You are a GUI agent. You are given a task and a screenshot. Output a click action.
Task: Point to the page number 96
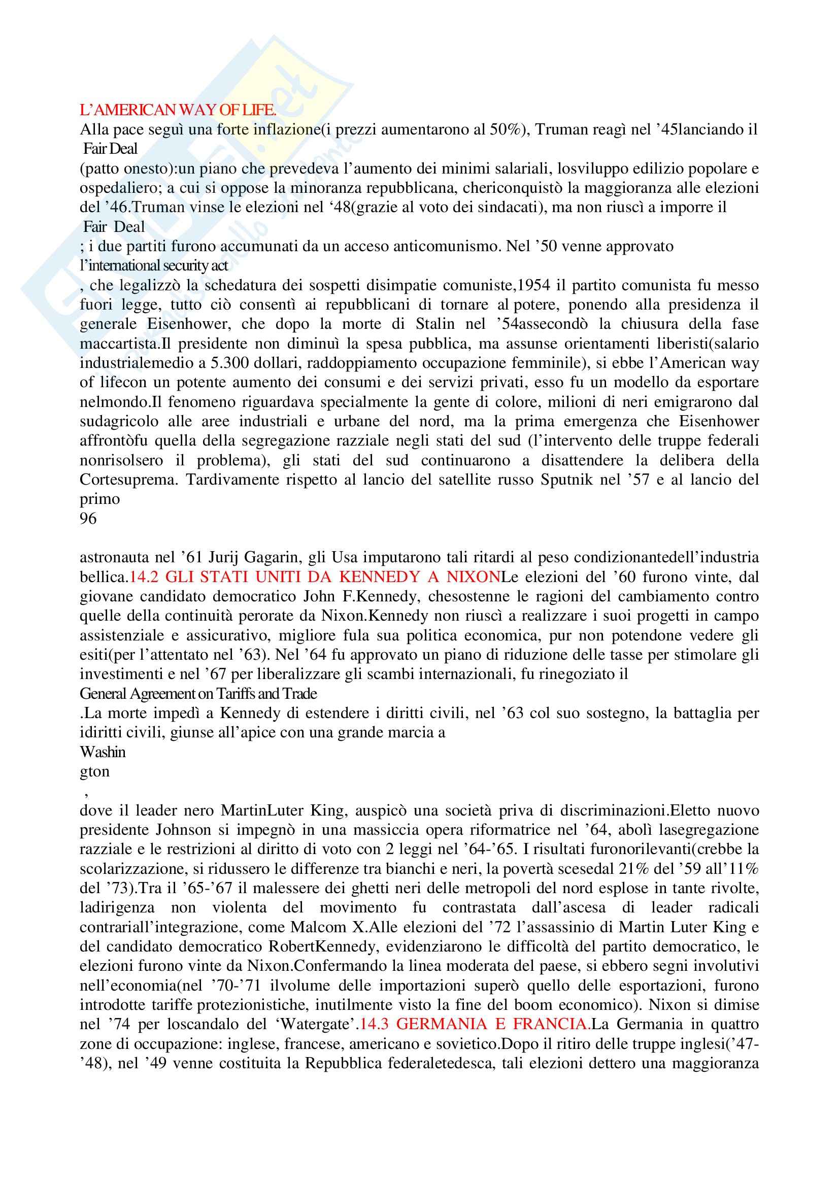(88, 519)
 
